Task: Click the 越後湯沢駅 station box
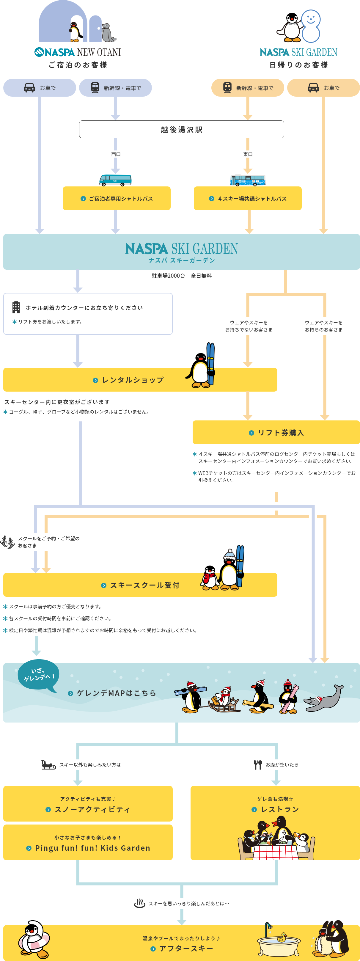[181, 129]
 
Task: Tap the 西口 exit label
[116, 154]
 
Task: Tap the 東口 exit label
[248, 154]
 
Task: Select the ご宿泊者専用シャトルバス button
[117, 198]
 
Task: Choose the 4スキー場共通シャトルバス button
[248, 198]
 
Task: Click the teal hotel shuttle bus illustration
[115, 180]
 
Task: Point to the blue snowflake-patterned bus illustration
[248, 180]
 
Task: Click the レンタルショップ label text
[133, 380]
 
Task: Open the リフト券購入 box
[276, 432]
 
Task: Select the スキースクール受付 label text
[145, 585]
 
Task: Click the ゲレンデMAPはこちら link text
[116, 693]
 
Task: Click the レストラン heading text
[280, 809]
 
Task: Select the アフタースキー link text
[186, 948]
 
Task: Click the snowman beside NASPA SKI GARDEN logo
[311, 26]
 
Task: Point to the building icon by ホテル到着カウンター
[16, 307]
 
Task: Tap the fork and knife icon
[258, 764]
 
